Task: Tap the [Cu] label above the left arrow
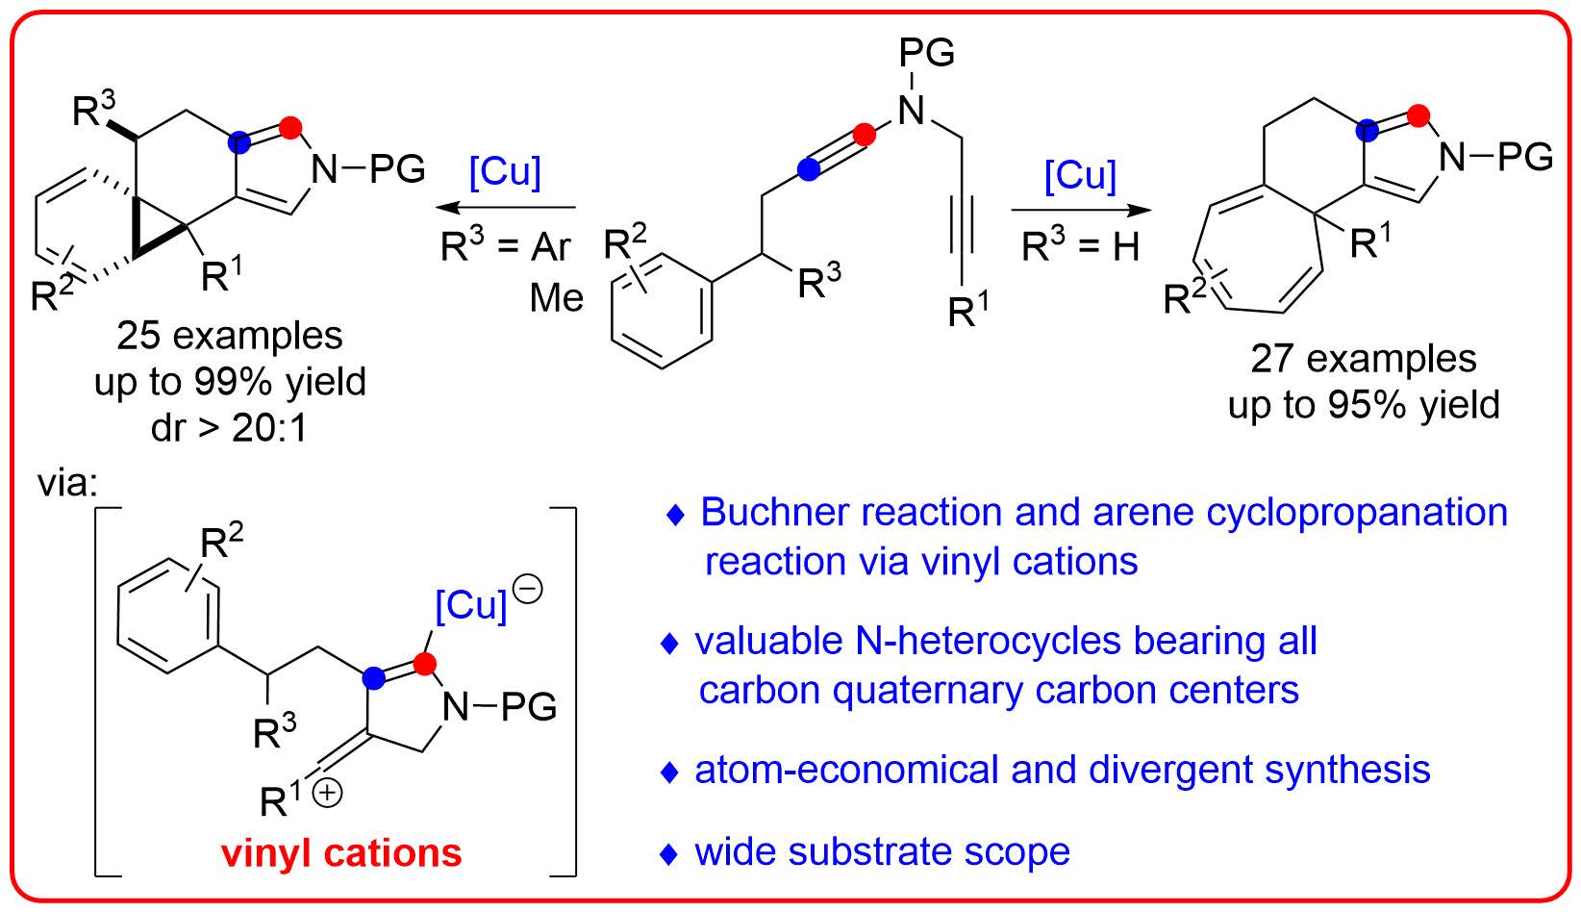[x=505, y=172]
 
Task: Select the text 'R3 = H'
[x=1080, y=247]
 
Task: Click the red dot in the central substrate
[x=866, y=135]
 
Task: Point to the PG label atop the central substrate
[x=927, y=52]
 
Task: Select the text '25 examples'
[x=230, y=336]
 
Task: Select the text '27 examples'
[x=1363, y=359]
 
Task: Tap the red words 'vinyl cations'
[x=341, y=852]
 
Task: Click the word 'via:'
[x=68, y=483]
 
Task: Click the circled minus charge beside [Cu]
[x=528, y=588]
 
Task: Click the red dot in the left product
[x=292, y=127]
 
